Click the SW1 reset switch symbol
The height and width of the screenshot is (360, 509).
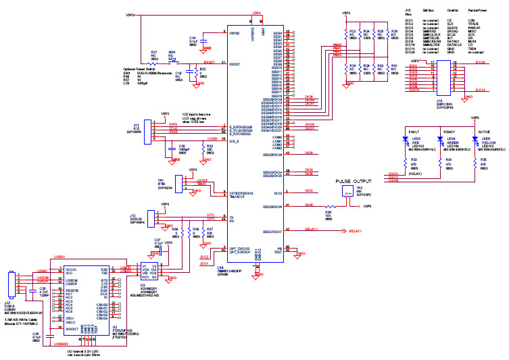click(172, 61)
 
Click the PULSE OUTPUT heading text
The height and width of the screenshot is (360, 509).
click(353, 182)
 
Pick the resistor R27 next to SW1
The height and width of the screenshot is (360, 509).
click(153, 61)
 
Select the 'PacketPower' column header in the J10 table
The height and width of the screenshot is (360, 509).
click(469, 11)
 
